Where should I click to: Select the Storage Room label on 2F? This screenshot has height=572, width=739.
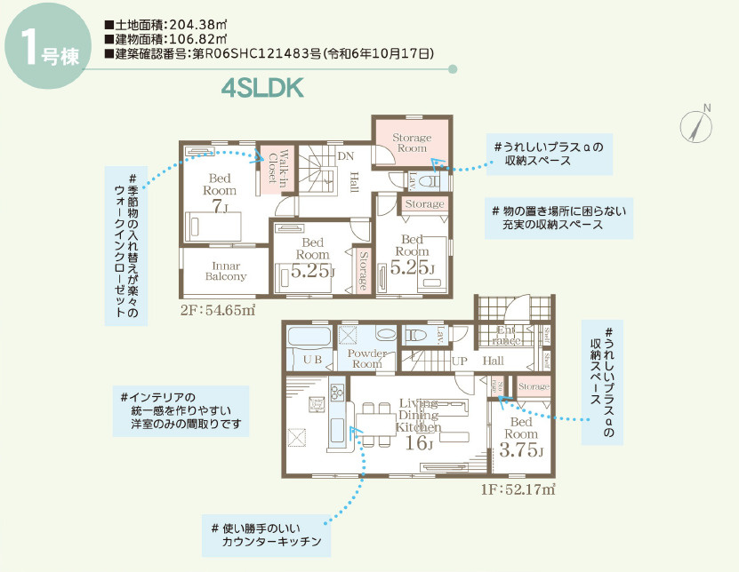click(412, 143)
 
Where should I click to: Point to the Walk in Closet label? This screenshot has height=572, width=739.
click(278, 165)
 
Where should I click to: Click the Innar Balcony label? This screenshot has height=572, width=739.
click(226, 271)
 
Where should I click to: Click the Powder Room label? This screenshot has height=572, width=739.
click(367, 359)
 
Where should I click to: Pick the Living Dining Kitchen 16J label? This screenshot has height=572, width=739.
click(414, 424)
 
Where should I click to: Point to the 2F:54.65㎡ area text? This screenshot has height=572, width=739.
click(218, 310)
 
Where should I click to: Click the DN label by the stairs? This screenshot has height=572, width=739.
click(346, 156)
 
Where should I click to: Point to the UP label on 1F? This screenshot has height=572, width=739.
click(460, 362)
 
